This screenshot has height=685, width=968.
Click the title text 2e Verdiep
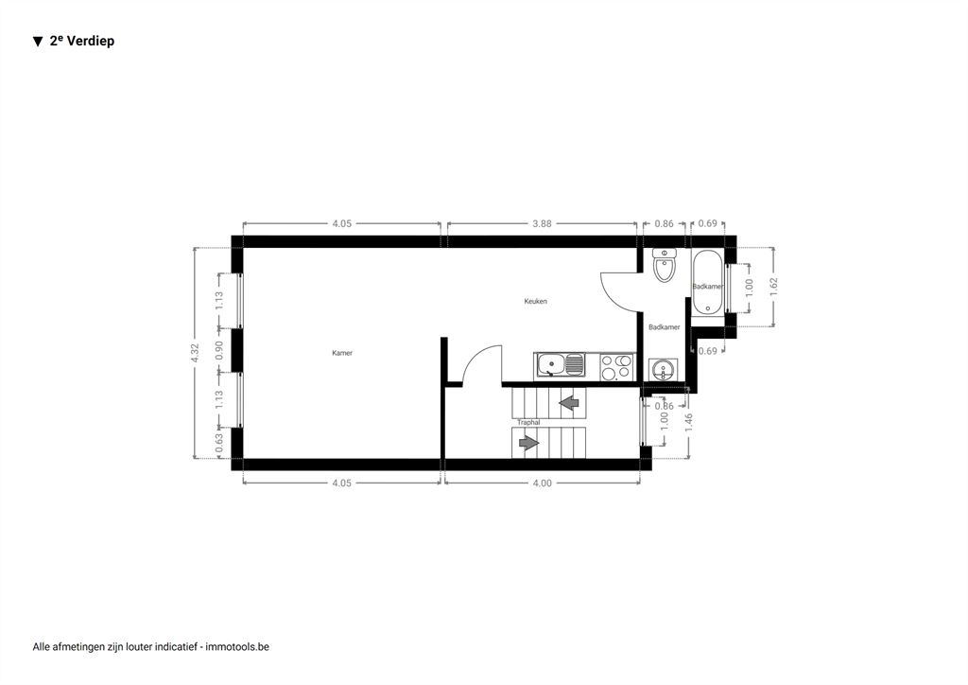click(81, 41)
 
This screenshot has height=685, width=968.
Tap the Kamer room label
click(342, 353)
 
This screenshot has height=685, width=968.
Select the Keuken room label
click(535, 302)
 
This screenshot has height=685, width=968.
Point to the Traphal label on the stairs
click(528, 423)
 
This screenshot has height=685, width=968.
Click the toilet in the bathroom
click(665, 264)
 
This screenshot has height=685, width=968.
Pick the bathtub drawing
click(707, 282)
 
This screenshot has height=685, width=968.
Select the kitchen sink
click(560, 365)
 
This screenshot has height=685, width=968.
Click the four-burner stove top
click(617, 366)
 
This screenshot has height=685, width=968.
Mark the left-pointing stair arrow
click(568, 403)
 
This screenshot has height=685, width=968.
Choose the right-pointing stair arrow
click(529, 443)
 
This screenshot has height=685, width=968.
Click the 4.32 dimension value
click(195, 353)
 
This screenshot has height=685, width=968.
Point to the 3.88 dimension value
click(542, 223)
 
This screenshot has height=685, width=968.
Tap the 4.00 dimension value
click(542, 483)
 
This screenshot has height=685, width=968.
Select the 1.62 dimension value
click(773, 287)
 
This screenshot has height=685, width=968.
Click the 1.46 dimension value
click(689, 423)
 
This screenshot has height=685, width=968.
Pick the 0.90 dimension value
click(219, 350)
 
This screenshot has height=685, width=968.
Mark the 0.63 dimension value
click(219, 443)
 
